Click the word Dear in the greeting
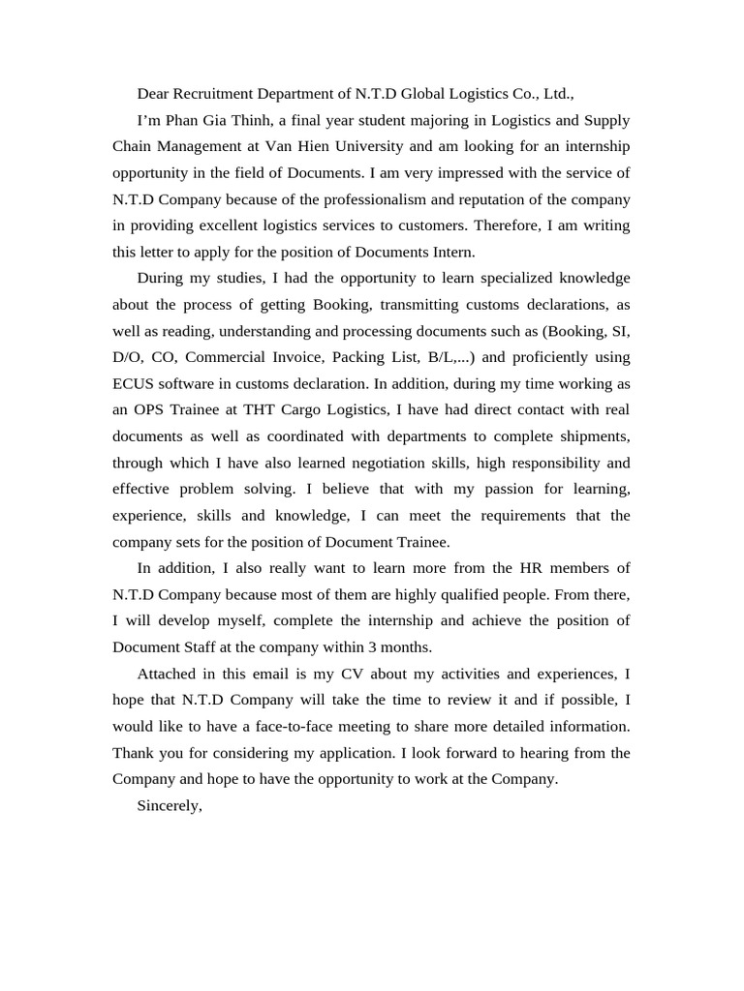[154, 94]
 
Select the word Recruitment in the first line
[214, 94]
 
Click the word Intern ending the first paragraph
[450, 252]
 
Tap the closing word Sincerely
[170, 805]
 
